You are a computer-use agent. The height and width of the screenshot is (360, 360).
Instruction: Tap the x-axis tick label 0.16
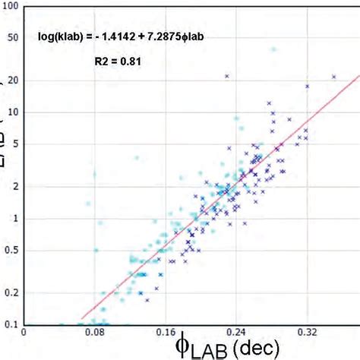click(165, 332)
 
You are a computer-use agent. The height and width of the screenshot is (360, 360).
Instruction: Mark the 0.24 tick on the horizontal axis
click(237, 332)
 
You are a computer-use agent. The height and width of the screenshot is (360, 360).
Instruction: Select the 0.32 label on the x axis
click(307, 332)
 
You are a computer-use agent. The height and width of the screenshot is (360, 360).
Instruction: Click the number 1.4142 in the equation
click(114, 36)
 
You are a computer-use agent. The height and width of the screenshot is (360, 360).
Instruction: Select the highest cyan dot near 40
click(273, 49)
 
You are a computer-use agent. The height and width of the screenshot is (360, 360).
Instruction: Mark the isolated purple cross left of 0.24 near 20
click(226, 75)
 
